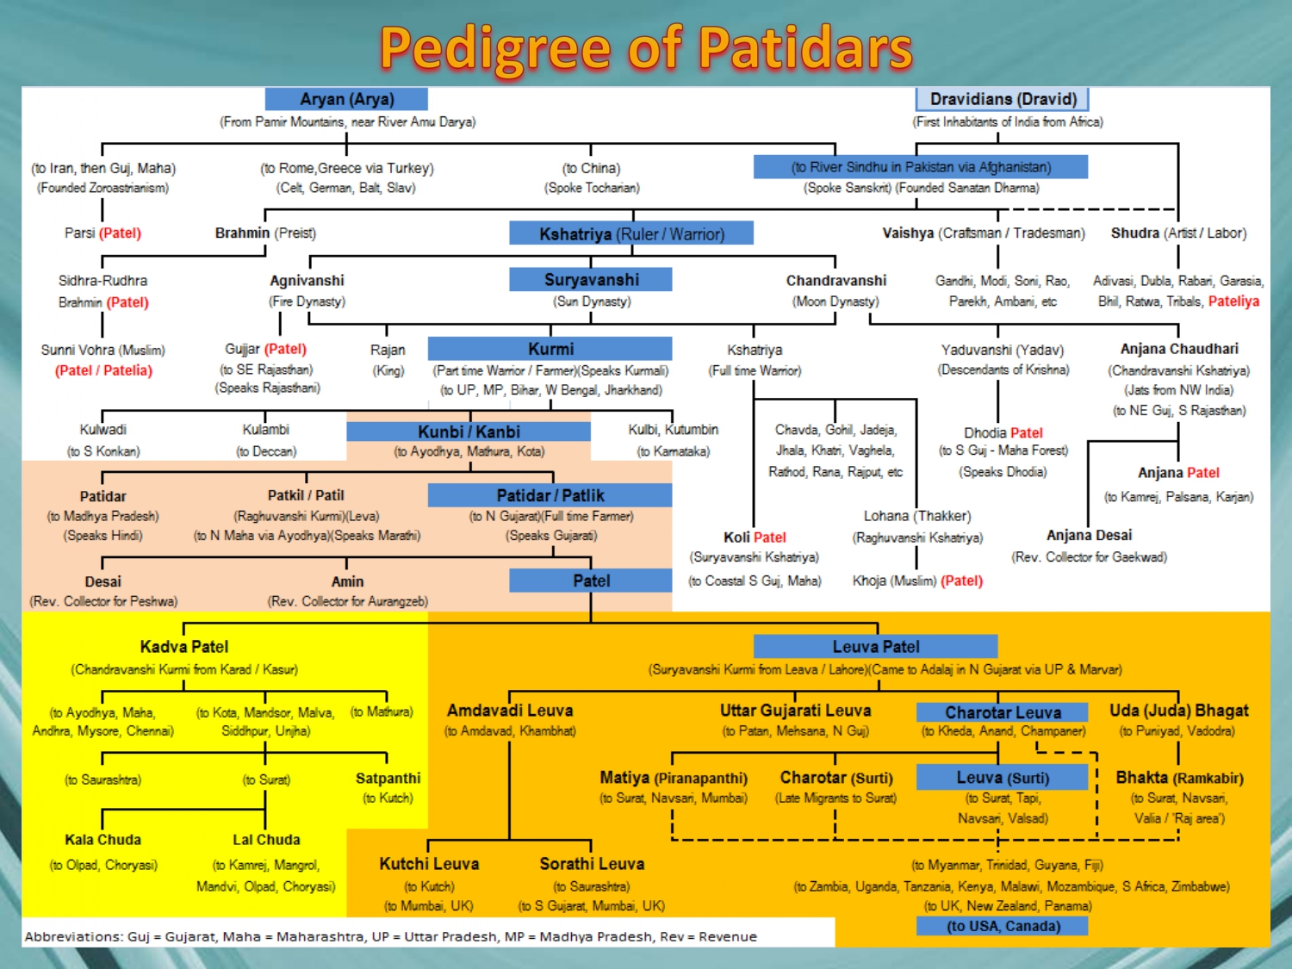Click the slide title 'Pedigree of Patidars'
point(646,48)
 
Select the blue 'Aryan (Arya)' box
point(346,99)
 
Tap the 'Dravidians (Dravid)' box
point(1003,99)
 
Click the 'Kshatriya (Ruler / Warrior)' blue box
point(631,233)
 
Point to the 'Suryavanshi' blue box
point(591,280)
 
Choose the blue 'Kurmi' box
point(550,349)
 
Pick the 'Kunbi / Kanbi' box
point(469,432)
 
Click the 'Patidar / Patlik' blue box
point(550,495)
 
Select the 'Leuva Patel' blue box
point(875,647)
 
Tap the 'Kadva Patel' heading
point(184,647)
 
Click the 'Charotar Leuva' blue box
point(1003,712)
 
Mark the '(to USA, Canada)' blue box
point(1003,926)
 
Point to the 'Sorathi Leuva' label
point(592,864)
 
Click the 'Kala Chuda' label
point(102,840)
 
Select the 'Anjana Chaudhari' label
point(1179,349)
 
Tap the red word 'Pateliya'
point(1233,301)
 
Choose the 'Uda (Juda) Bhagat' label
point(1178,711)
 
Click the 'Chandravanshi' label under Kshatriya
point(835,281)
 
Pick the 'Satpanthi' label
point(388,779)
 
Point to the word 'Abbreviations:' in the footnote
point(73,936)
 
